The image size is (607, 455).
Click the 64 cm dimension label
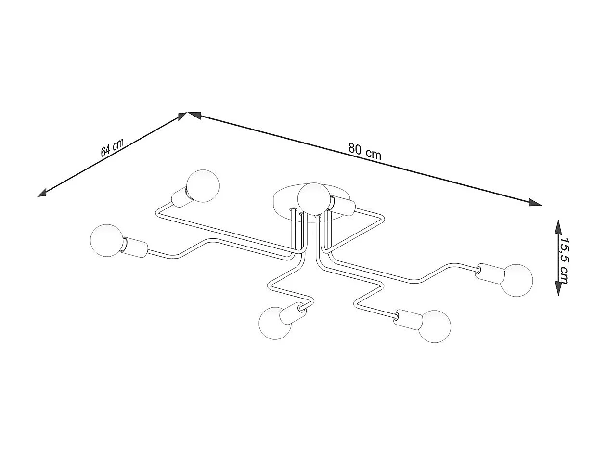[x=112, y=147]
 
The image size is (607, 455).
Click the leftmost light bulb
[x=106, y=240]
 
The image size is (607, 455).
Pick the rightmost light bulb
[x=517, y=280]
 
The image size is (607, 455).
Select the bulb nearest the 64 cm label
[x=203, y=186]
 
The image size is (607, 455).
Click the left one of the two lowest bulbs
[x=275, y=323]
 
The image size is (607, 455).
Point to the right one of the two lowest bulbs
[x=434, y=326]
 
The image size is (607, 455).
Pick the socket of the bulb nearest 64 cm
[x=181, y=197]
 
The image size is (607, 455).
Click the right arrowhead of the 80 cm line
[x=535, y=203]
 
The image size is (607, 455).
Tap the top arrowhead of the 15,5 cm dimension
[x=558, y=226]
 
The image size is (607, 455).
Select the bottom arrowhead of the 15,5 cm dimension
[x=558, y=289]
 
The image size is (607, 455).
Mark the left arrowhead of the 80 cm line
[x=194, y=115]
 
